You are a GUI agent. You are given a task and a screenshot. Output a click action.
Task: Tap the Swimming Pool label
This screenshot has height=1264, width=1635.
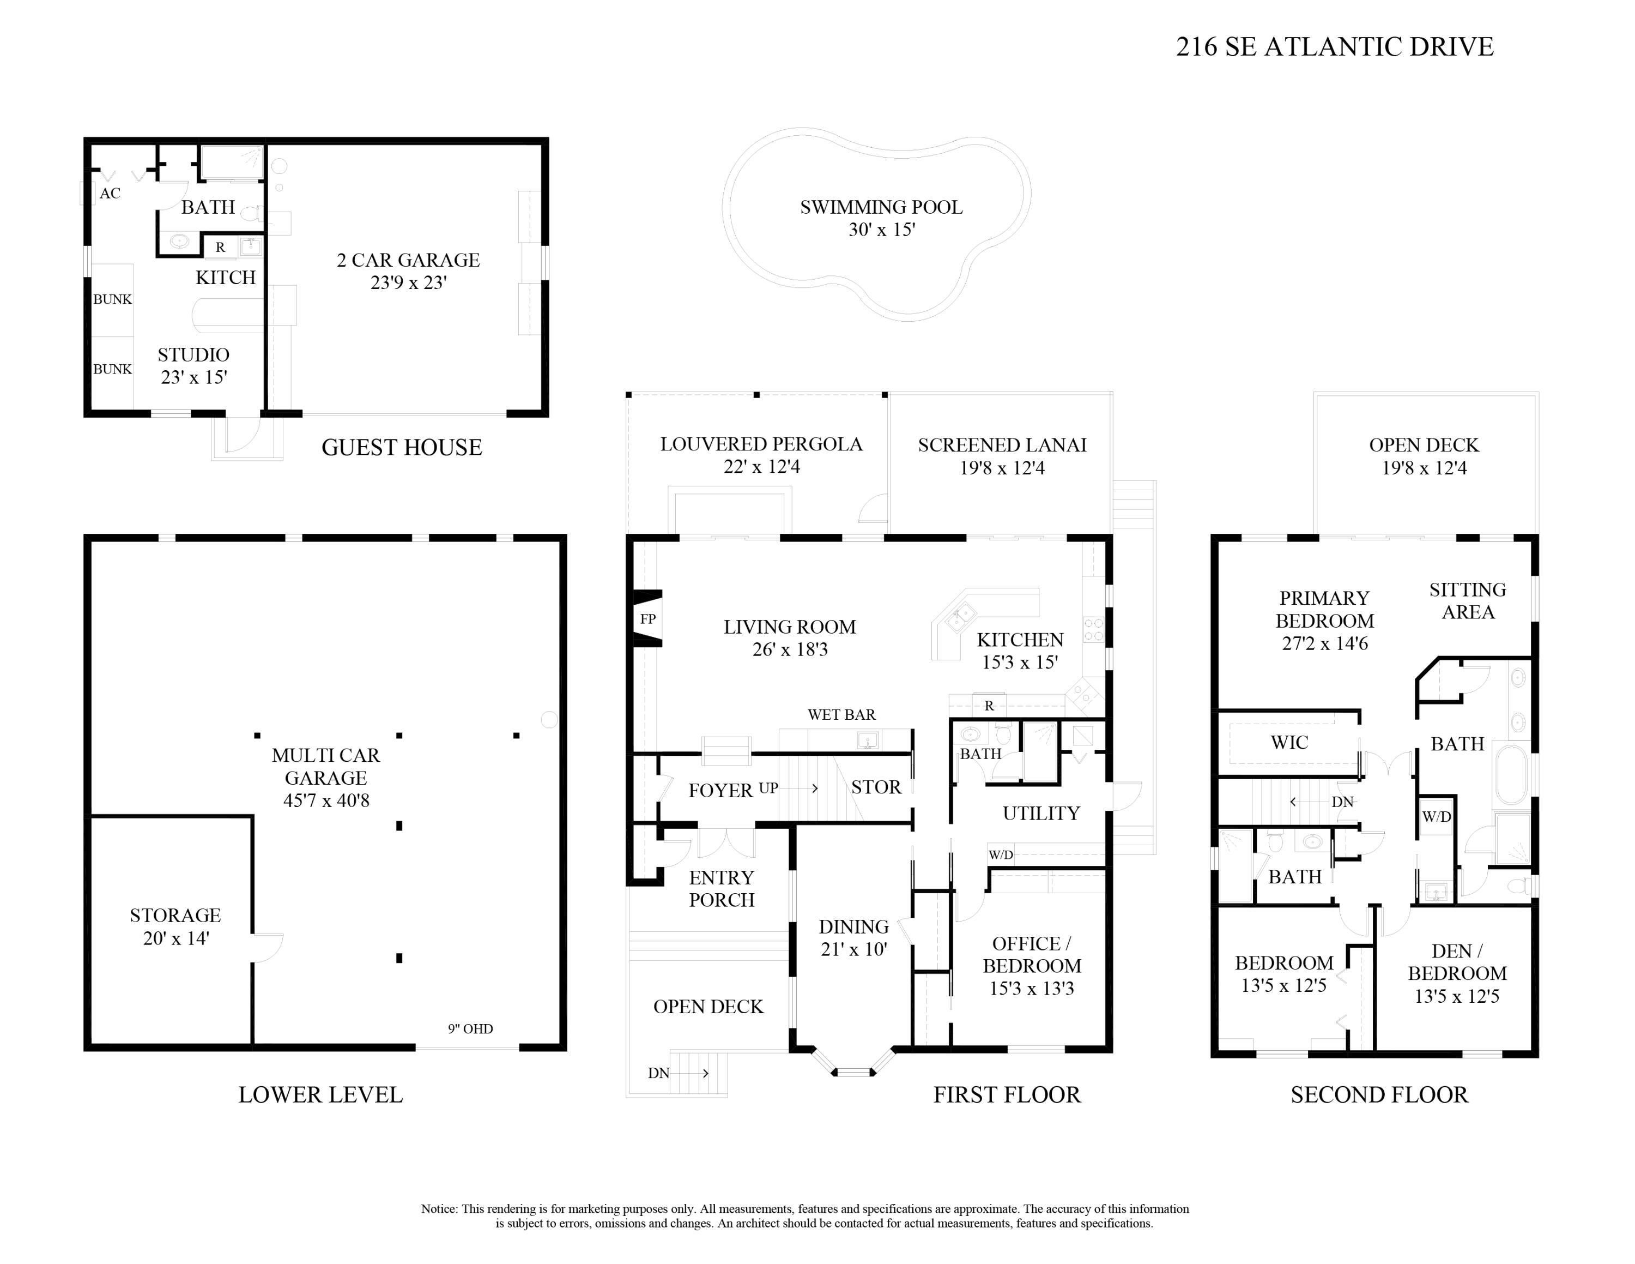(881, 207)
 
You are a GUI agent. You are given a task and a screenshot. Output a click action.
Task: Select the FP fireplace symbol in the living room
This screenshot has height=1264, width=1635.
(647, 618)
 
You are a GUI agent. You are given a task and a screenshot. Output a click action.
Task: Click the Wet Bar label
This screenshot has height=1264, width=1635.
(841, 714)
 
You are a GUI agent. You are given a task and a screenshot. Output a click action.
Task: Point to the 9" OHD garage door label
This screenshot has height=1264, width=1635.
(470, 1029)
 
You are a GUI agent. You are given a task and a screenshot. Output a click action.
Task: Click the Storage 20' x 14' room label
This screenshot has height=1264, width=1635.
(175, 926)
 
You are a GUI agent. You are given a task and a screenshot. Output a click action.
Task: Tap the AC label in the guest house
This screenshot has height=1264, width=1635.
(110, 193)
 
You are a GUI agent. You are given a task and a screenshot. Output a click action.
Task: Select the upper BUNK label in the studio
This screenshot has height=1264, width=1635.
(112, 299)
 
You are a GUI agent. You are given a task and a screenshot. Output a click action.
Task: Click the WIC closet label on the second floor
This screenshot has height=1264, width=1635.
(1289, 743)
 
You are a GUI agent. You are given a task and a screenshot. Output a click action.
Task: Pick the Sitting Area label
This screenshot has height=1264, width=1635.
(1467, 600)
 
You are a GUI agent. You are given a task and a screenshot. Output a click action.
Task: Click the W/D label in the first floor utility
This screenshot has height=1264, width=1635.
(1001, 855)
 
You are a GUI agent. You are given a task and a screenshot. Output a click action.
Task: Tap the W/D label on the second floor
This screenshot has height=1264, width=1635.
(1437, 817)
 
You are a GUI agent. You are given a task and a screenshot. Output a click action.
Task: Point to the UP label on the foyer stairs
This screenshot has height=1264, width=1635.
(768, 788)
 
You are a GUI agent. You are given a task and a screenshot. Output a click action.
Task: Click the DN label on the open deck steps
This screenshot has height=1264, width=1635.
(659, 1073)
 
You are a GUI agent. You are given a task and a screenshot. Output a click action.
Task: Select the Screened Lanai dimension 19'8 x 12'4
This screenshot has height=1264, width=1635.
(1002, 468)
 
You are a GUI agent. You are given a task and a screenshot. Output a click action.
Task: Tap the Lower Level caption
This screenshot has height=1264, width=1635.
(320, 1095)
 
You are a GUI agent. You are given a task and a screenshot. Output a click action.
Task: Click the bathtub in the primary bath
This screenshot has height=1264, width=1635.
(1511, 774)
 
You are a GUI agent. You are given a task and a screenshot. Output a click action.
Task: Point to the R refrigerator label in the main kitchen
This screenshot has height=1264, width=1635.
(989, 706)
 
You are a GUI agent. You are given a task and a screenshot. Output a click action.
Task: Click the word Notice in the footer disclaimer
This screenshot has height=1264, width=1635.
(439, 1208)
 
